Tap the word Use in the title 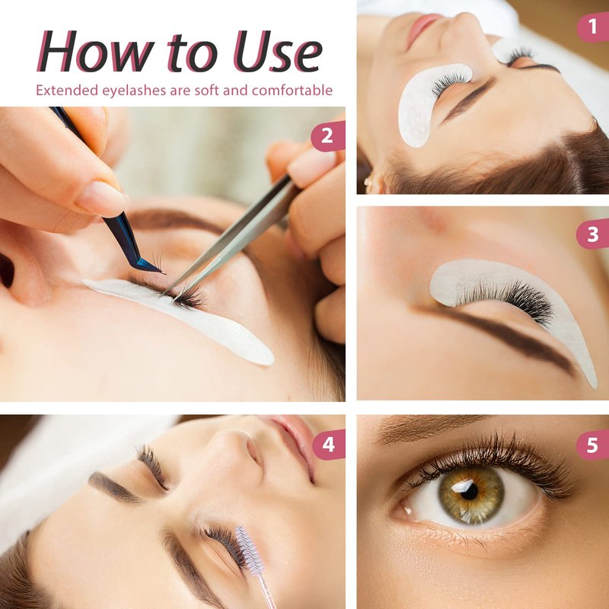pyautogui.click(x=277, y=51)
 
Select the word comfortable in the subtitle pyautogui.click(x=292, y=90)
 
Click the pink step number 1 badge pyautogui.click(x=593, y=27)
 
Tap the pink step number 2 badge pyautogui.click(x=328, y=136)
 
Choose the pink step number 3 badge pyautogui.click(x=593, y=234)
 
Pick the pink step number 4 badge pyautogui.click(x=329, y=445)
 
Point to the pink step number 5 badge pyautogui.click(x=593, y=445)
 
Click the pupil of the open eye pyautogui.click(x=470, y=492)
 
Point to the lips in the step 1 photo pyautogui.click(x=422, y=28)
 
